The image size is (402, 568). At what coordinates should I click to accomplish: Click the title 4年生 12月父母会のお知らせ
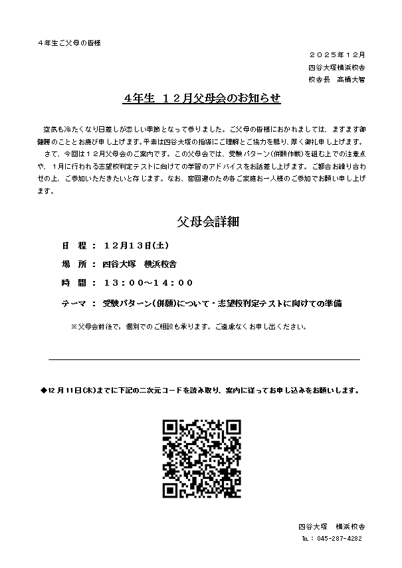(x=202, y=98)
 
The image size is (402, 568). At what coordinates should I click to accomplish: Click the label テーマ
(x=74, y=303)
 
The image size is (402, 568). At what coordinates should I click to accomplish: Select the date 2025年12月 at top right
(x=338, y=54)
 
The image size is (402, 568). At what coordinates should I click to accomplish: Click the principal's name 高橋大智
(x=350, y=79)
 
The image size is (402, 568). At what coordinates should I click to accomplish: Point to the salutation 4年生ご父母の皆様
(x=69, y=43)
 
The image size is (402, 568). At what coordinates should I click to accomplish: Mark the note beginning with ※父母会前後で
(x=189, y=327)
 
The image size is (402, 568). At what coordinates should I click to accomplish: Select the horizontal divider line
(x=204, y=359)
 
